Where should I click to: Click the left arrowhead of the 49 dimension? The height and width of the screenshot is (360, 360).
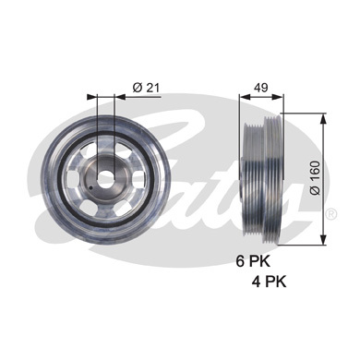(243, 95)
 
